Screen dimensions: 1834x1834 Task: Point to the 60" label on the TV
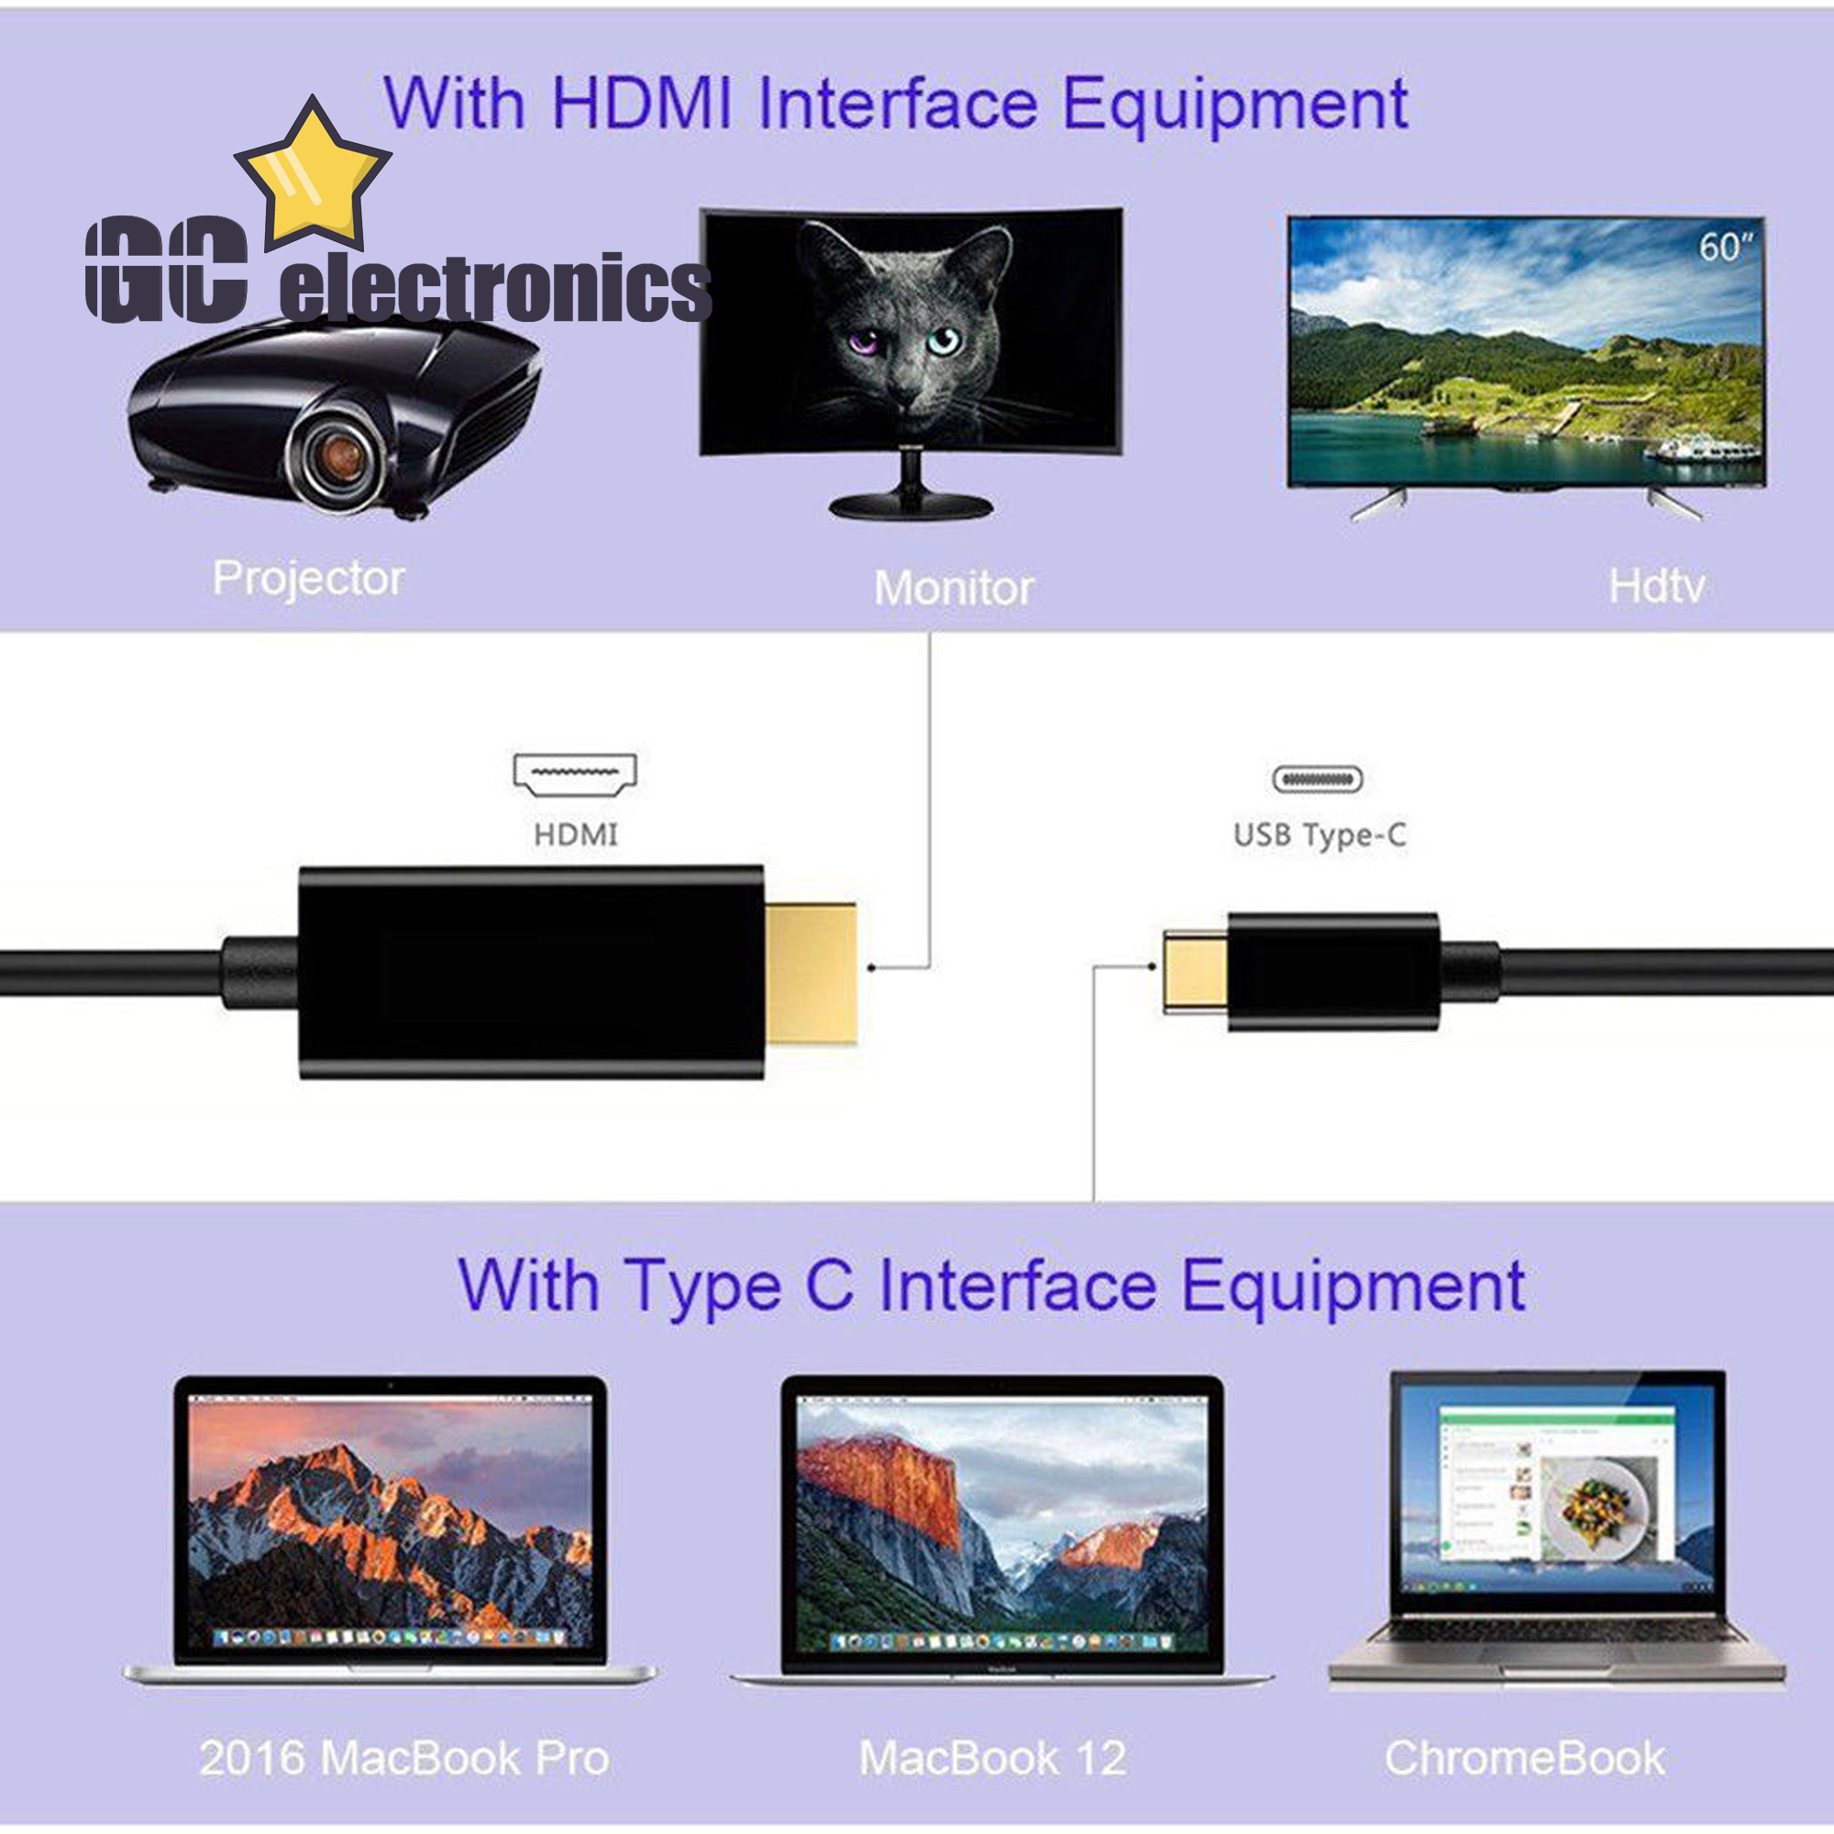coord(1725,248)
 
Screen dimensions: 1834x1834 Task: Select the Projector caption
coord(308,579)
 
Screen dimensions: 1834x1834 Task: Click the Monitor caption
coord(953,589)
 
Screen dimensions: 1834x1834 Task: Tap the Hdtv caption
coord(1656,587)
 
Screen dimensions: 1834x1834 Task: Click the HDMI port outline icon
coord(575,775)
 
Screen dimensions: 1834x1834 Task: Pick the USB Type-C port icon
coord(1318,779)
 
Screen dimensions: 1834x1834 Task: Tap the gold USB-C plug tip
coord(1195,971)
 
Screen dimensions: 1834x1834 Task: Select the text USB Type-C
coord(1320,835)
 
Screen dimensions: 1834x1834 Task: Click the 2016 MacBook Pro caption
coord(404,1759)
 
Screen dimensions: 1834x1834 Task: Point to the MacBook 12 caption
coord(993,1758)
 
